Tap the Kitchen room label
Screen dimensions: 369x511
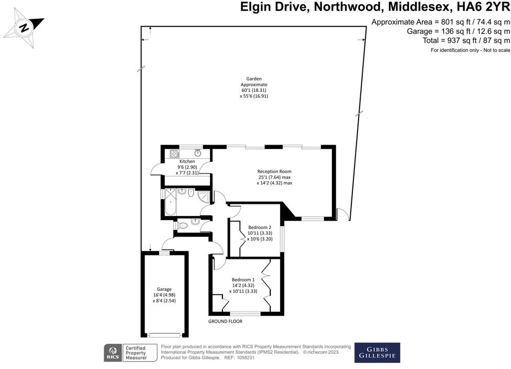[x=187, y=161]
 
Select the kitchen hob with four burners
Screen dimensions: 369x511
[x=174, y=154]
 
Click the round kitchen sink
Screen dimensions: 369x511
[x=198, y=153]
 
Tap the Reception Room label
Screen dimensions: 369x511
[x=274, y=171]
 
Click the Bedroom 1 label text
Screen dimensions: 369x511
[x=244, y=279]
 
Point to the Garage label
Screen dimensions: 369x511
[x=164, y=289]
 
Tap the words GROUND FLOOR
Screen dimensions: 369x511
[x=225, y=321]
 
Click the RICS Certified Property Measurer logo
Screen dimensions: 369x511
[x=131, y=352]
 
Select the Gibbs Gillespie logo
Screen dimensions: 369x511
[x=377, y=352]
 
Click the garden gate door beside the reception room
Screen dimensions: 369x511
[x=342, y=213]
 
